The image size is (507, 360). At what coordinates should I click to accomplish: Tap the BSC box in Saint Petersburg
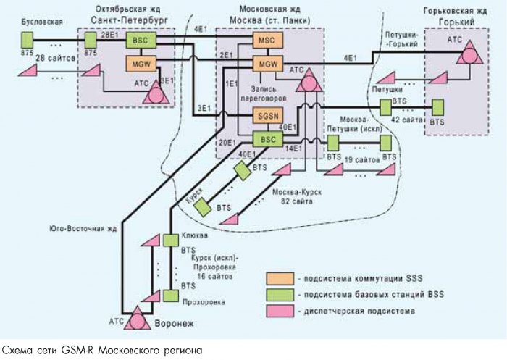[x=136, y=41]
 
